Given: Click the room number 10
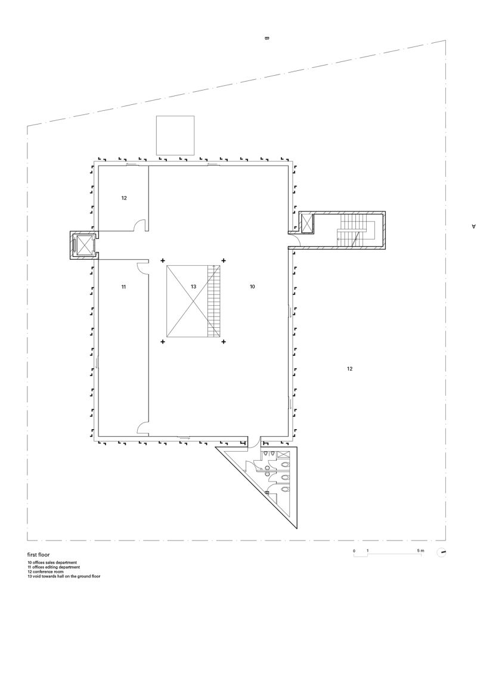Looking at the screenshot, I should (252, 287).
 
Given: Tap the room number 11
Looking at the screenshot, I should (123, 287).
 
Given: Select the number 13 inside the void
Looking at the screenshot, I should (193, 287).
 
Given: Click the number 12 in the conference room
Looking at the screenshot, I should (123, 198).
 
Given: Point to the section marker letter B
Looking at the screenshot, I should (267, 39).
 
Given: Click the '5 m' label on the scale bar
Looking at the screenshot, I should (420, 551).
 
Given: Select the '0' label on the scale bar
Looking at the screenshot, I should (354, 551).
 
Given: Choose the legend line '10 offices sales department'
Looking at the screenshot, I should (52, 563).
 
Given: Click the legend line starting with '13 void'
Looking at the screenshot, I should (64, 576).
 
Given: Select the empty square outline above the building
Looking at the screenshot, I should (175, 136).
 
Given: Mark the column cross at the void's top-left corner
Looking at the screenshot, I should (163, 260).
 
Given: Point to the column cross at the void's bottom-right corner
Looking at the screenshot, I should (224, 342).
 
